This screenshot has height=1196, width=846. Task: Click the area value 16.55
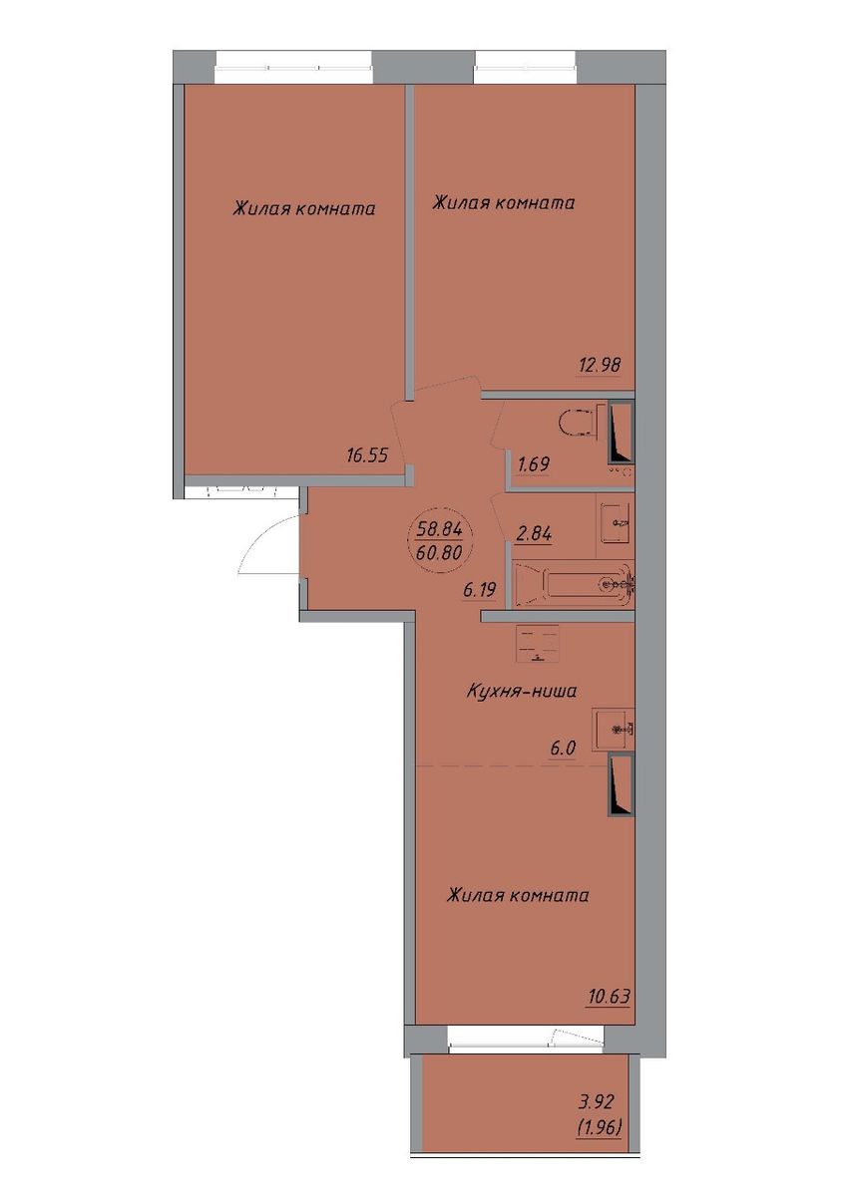366,456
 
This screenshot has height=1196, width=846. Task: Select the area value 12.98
599,365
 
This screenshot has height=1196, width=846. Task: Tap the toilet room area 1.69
533,464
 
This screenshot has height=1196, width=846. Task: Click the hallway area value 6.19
480,589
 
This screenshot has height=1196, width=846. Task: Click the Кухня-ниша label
521,692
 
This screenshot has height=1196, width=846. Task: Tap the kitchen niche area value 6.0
562,748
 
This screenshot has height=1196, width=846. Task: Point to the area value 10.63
609,996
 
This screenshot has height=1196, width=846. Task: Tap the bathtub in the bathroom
573,585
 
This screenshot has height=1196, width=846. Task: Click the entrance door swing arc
263,539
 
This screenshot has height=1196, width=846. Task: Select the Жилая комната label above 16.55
303,208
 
